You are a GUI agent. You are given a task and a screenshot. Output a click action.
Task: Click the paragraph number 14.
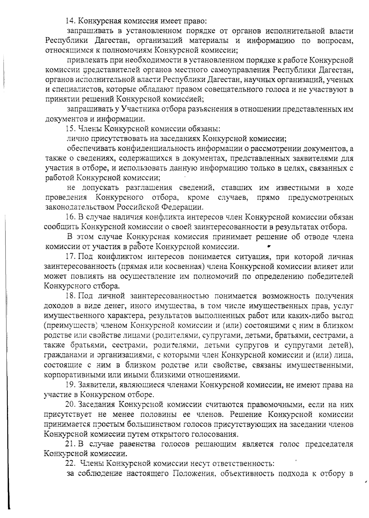pos(70,21)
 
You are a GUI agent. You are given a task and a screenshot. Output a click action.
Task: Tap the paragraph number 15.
pos(71,129)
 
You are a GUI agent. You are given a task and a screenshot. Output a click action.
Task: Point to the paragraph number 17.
pos(71,257)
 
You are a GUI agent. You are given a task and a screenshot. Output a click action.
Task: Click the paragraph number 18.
pos(71,296)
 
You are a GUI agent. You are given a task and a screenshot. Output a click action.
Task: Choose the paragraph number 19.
pos(71,385)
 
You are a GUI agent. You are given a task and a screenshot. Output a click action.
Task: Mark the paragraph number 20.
pos(71,404)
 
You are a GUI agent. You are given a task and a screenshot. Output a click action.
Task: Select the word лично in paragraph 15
pos(76,139)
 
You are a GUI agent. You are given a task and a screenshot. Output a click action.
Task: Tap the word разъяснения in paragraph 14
pos(212,109)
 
